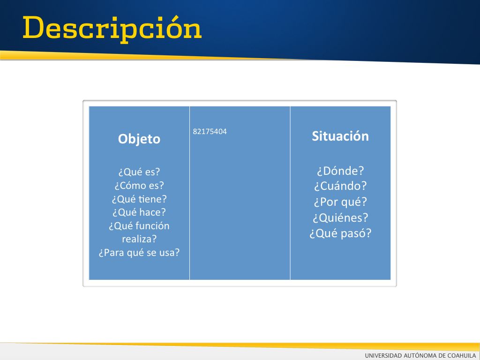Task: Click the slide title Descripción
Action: coord(112,29)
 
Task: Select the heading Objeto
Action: coord(139,139)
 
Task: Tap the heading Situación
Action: coord(340,136)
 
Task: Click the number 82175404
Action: coord(210,132)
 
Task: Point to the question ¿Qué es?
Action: coord(139,172)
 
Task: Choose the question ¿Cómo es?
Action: coord(139,186)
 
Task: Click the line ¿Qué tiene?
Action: coord(139,199)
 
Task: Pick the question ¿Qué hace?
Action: coord(139,212)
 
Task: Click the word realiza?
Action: coord(139,239)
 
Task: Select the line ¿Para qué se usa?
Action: coord(139,253)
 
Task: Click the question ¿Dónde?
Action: coord(340,171)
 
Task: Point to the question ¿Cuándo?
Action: coord(340,186)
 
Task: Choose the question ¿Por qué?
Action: coord(340,202)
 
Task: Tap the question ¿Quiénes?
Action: coord(340,218)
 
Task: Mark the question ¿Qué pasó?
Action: coord(340,233)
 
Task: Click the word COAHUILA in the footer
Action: coord(462,355)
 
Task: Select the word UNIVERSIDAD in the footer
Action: coord(383,355)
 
